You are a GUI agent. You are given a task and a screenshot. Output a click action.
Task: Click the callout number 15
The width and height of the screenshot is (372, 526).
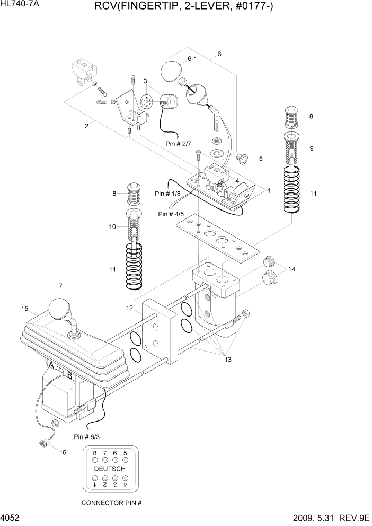(x=24, y=309)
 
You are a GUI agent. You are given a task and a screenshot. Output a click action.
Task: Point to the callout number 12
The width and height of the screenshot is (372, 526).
(x=129, y=308)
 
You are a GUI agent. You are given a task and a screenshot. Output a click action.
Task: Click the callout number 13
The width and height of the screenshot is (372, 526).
(x=228, y=360)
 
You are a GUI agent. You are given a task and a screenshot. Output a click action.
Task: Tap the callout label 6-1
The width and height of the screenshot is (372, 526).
(x=192, y=59)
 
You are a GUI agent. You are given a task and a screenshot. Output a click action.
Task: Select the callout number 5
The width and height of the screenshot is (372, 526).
(x=260, y=159)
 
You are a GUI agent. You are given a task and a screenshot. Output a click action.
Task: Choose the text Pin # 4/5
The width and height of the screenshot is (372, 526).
(x=171, y=214)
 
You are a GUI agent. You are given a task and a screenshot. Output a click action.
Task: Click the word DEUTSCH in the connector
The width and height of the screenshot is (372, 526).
(x=110, y=469)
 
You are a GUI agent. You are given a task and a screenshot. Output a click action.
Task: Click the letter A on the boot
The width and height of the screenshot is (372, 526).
(x=51, y=365)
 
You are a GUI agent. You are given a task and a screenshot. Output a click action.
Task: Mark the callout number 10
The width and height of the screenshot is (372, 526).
(x=112, y=226)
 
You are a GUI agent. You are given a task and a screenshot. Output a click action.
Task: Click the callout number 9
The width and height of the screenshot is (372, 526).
(x=312, y=148)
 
